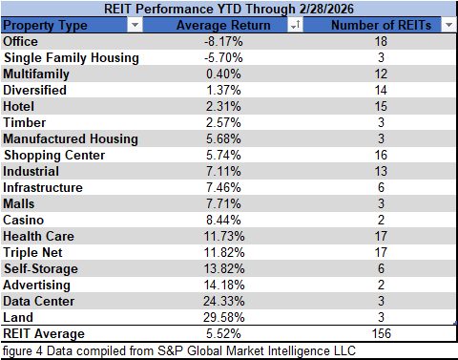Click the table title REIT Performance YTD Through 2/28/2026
pos(229,9)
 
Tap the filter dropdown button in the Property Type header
pos(133,26)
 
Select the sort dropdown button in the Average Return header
pos(296,26)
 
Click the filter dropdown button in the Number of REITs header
pos(448,26)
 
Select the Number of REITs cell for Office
pos(381,41)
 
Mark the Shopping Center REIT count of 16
pos(381,155)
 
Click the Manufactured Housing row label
pos(70,138)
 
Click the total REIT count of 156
pos(381,334)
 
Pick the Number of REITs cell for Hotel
pos(381,106)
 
